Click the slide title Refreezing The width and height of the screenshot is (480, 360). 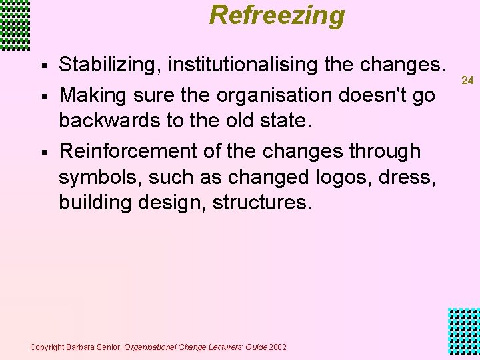[x=277, y=15]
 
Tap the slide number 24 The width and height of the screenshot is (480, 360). [x=467, y=80]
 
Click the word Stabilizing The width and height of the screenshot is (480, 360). [x=111, y=65]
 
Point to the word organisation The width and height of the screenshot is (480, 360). [x=271, y=95]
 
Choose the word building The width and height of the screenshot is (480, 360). [x=95, y=202]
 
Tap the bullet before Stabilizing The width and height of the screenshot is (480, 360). [x=43, y=66]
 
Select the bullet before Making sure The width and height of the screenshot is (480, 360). [x=43, y=96]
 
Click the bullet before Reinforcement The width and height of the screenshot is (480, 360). [x=43, y=152]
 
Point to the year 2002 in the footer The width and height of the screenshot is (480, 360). [x=279, y=347]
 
